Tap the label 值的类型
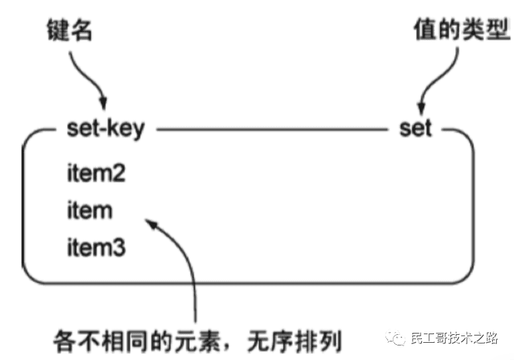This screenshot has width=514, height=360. pos(461,30)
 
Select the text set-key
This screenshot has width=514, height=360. pos(105,128)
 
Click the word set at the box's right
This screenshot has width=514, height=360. pos(415,128)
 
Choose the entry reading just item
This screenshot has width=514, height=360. pos(89,211)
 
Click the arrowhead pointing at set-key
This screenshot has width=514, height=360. pos(103,105)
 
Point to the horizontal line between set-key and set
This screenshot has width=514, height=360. pos(272,128)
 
